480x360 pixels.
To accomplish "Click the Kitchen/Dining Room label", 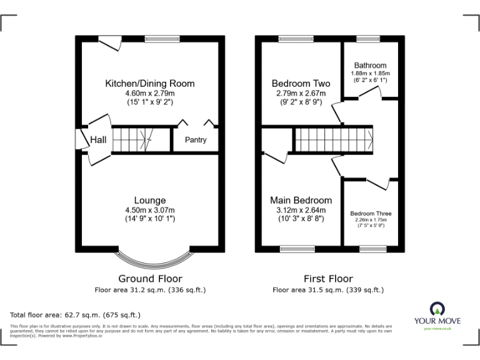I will coord(149,83).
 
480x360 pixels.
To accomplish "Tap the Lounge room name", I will coord(149,201).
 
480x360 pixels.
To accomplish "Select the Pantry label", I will coord(195,140).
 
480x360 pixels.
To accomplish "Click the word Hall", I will coord(98,140).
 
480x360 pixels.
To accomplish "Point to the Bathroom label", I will coord(370,65).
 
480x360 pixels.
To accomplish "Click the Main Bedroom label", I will coord(301,200).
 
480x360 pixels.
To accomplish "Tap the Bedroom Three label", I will coord(370,212).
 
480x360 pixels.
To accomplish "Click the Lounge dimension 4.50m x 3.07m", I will coord(149,210).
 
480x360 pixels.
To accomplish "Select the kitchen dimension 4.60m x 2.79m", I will coord(149,92).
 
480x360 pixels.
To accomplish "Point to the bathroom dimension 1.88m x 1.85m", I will coord(370,72).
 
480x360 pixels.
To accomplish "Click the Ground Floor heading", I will coord(149,279).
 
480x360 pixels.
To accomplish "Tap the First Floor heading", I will coord(327,279).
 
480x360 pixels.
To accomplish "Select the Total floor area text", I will coord(76,315).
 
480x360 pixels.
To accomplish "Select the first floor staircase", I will coord(334,139).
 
